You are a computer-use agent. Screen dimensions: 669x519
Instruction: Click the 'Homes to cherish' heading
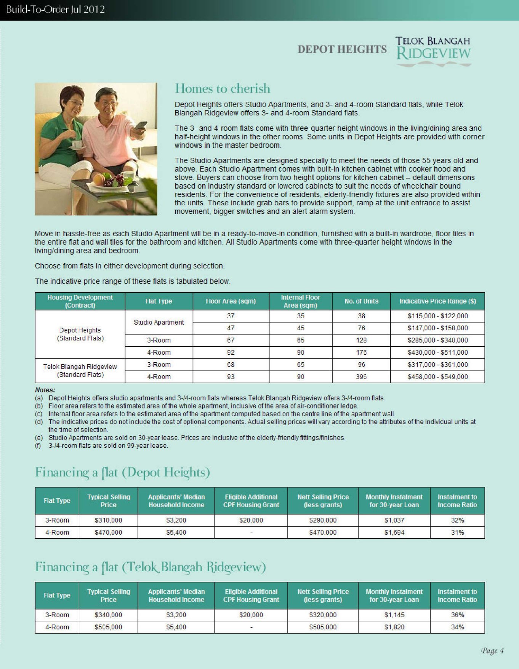click(223, 89)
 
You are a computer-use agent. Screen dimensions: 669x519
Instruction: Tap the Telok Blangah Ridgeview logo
click(433, 51)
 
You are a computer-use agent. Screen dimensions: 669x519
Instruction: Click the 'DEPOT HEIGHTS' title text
click(342, 50)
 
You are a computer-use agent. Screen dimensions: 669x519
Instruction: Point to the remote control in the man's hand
click(140, 126)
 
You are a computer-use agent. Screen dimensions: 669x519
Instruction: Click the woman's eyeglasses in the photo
click(76, 103)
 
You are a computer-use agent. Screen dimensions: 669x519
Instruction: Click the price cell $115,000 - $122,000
click(437, 316)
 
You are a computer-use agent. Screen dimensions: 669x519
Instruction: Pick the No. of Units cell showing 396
click(361, 377)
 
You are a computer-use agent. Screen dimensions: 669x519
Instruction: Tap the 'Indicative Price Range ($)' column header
click(437, 301)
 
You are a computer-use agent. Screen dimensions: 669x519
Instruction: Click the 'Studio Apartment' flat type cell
click(159, 322)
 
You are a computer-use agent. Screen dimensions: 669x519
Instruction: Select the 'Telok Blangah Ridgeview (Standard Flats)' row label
click(80, 371)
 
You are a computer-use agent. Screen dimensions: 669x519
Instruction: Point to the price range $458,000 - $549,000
click(437, 377)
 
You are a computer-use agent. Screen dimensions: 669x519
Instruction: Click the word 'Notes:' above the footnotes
click(45, 390)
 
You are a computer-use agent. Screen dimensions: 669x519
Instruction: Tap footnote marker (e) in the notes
click(38, 438)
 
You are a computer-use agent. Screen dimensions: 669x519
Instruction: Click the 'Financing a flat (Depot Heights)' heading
click(122, 472)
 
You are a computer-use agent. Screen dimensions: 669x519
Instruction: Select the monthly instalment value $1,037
click(394, 520)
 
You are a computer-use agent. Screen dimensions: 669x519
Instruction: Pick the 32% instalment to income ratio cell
click(457, 520)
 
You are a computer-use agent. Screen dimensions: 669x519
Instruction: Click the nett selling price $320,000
click(323, 615)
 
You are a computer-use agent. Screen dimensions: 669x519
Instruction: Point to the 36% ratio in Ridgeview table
click(457, 615)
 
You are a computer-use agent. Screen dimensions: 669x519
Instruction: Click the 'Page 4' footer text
click(492, 651)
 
